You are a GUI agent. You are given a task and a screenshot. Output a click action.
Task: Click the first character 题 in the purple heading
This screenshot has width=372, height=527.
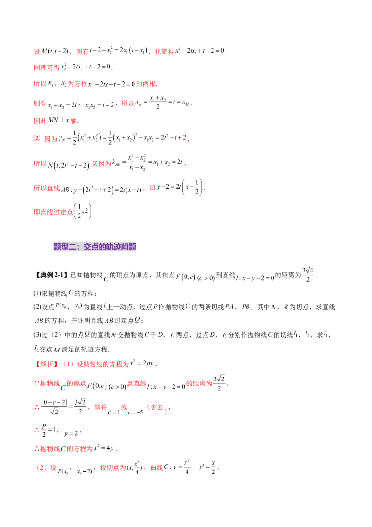(x=58, y=247)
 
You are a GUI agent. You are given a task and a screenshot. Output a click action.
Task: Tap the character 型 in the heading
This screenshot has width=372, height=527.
(x=65, y=247)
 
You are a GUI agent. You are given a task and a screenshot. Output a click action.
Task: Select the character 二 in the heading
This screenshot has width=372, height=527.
(x=73, y=247)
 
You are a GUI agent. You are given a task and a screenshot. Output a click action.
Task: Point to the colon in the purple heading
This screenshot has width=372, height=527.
(x=80, y=247)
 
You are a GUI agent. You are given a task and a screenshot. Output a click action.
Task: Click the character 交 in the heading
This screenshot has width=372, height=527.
(x=87, y=247)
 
